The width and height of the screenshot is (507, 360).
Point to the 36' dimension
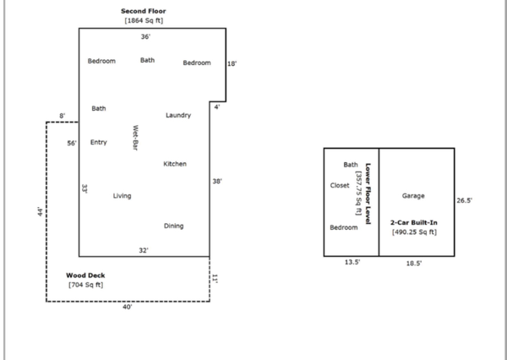click(145, 37)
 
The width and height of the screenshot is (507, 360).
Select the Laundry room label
click(178, 115)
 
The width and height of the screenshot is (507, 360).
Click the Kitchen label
click(175, 164)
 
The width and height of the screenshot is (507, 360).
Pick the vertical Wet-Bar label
click(134, 138)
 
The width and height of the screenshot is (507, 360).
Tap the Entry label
click(99, 143)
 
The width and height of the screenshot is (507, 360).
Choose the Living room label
click(123, 196)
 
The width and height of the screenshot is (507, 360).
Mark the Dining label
click(173, 226)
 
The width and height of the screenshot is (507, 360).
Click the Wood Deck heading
click(85, 275)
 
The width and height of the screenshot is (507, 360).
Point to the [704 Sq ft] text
click(85, 285)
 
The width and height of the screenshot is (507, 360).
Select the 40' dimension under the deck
click(127, 308)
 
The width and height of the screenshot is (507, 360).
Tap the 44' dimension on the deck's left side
click(40, 212)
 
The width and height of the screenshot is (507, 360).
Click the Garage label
click(413, 195)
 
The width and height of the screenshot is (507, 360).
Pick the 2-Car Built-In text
click(414, 221)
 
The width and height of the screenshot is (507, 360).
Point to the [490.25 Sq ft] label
click(414, 231)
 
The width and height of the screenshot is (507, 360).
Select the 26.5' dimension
click(464, 201)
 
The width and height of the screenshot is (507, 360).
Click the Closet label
click(340, 185)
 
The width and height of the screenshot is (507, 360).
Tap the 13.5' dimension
click(352, 263)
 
